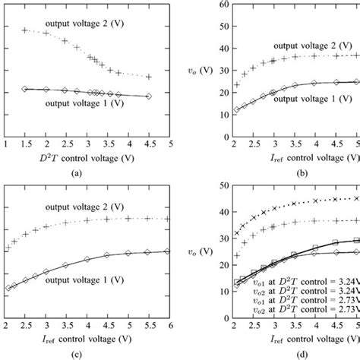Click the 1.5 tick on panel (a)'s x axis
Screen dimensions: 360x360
[26, 144]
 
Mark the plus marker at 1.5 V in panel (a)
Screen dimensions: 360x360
[25, 30]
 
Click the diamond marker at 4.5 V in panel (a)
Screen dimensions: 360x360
[149, 96]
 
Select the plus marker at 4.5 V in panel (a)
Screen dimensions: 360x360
[149, 77]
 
